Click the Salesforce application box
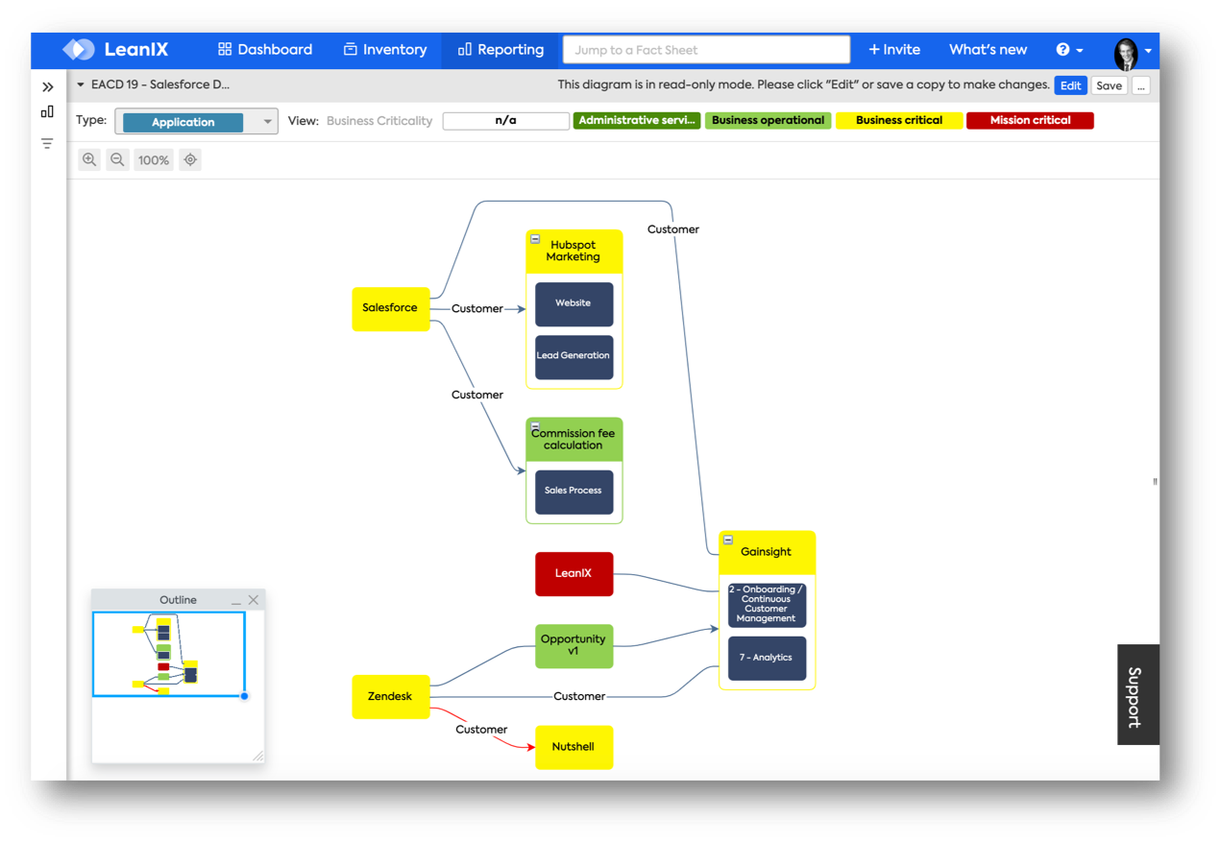click(390, 308)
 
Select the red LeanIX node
click(573, 573)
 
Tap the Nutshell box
click(573, 747)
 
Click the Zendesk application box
click(390, 696)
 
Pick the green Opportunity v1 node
click(573, 645)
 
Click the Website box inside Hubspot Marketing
click(573, 303)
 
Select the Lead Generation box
click(573, 356)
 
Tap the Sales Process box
click(573, 491)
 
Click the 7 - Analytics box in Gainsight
click(767, 658)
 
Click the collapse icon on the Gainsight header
click(728, 541)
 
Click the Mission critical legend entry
click(1030, 121)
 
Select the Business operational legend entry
click(769, 121)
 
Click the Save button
click(1109, 85)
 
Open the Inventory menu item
click(385, 50)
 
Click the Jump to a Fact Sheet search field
click(706, 50)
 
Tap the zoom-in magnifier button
click(89, 160)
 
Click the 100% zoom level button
click(153, 160)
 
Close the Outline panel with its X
click(254, 600)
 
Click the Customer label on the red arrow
click(481, 730)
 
